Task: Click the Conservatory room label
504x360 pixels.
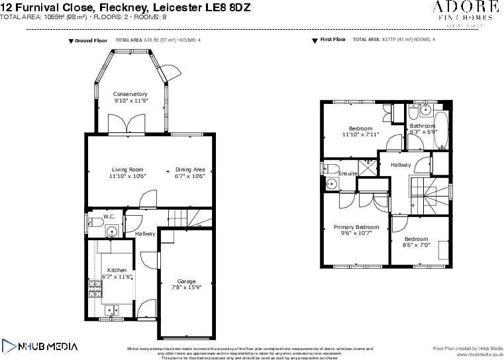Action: click(130, 94)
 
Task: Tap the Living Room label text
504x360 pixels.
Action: click(127, 169)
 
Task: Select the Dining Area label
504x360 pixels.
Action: click(190, 169)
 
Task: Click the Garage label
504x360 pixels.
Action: click(186, 281)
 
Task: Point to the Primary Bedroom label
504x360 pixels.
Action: click(356, 227)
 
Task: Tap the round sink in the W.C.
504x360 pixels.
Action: click(112, 231)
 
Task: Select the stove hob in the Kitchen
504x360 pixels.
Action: click(93, 288)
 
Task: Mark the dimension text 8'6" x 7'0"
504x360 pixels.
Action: click(416, 245)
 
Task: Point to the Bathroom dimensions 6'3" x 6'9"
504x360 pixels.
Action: click(423, 132)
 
